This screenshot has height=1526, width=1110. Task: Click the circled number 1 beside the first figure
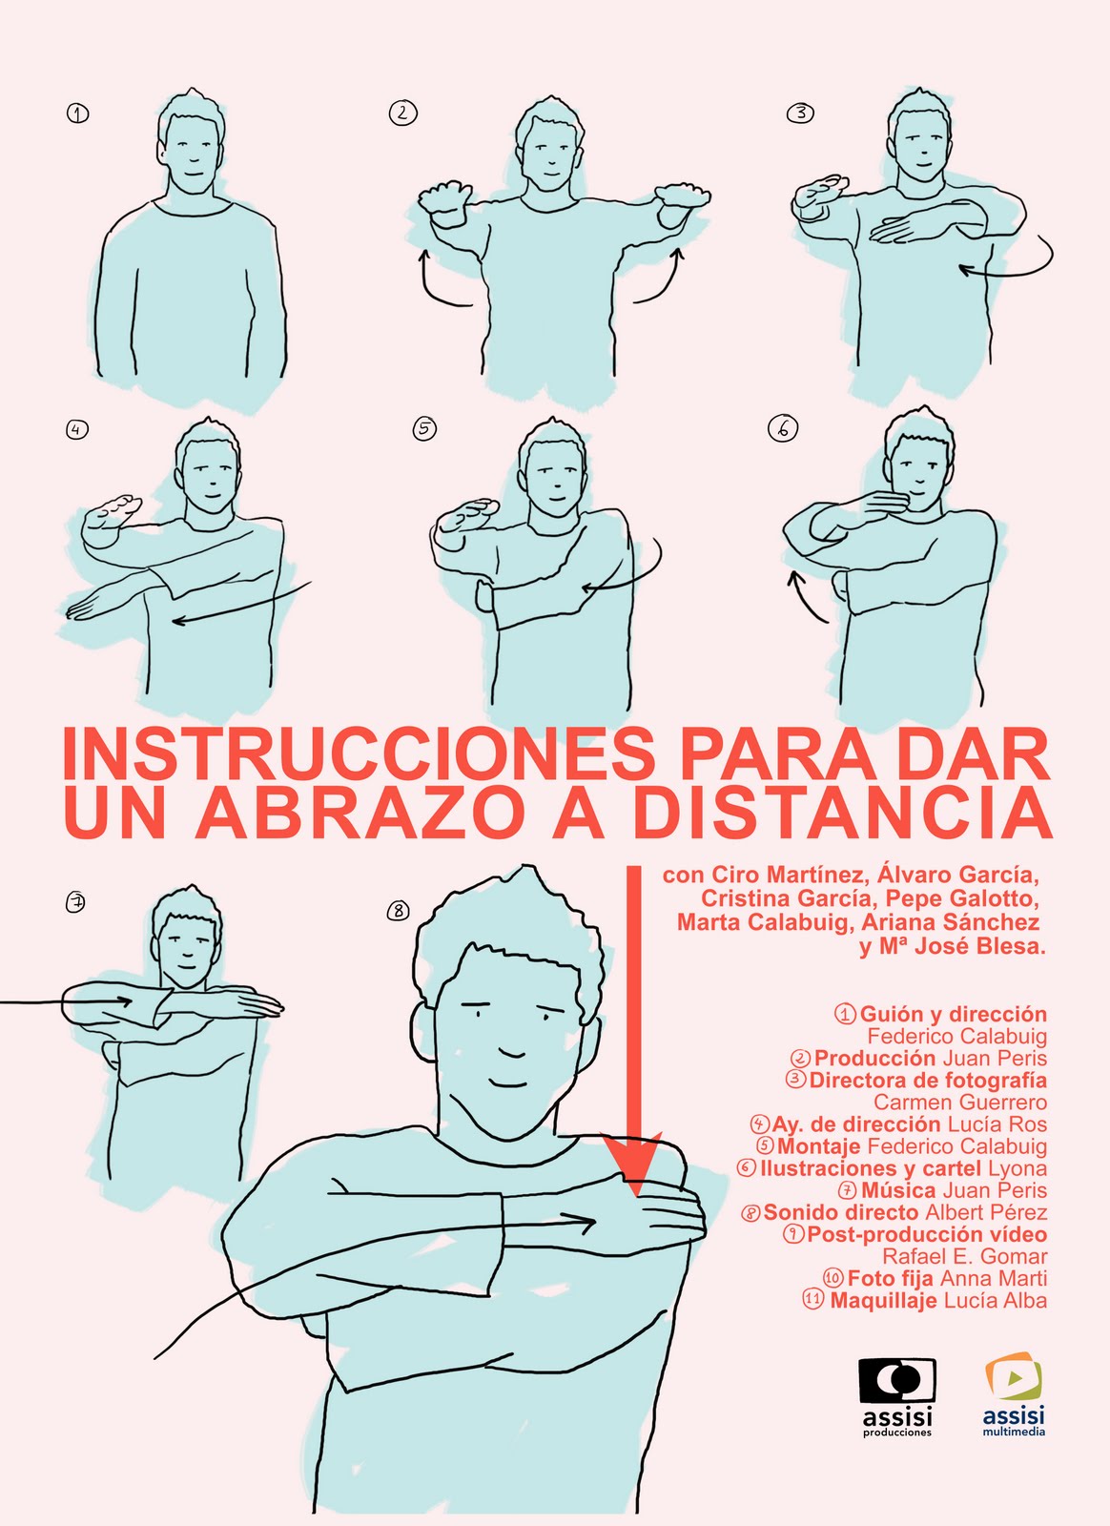[x=77, y=113]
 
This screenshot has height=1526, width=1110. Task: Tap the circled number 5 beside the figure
[x=424, y=429]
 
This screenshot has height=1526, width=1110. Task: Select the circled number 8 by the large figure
[x=398, y=910]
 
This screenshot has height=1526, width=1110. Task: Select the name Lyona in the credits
[x=1018, y=1168]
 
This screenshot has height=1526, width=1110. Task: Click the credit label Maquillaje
[x=884, y=1300]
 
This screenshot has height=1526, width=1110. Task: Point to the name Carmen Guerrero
[x=960, y=1103]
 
